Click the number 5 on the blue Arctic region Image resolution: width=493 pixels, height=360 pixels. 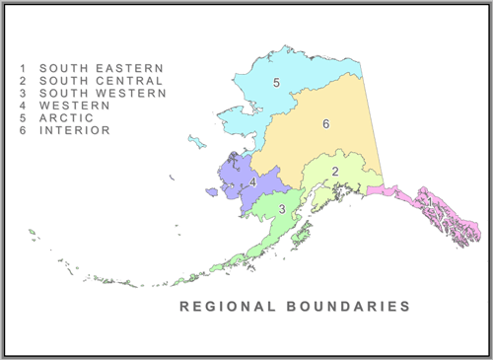tap(277, 82)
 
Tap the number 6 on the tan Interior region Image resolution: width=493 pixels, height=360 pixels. tap(324, 124)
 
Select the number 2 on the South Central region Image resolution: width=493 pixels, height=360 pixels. tap(335, 172)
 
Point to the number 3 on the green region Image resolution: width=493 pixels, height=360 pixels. tap(282, 209)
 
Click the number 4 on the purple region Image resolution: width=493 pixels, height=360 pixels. tap(253, 182)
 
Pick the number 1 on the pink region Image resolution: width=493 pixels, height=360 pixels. tap(429, 203)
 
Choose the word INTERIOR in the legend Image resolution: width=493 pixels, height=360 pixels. tap(74, 129)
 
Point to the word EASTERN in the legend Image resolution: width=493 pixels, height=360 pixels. tap(128, 68)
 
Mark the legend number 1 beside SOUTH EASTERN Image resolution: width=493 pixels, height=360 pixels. tap(23, 68)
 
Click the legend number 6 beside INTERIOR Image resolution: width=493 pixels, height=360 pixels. tap(23, 129)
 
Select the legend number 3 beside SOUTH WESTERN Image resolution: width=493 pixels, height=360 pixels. tap(23, 93)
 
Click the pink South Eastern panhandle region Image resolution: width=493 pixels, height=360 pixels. tap(444, 212)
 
